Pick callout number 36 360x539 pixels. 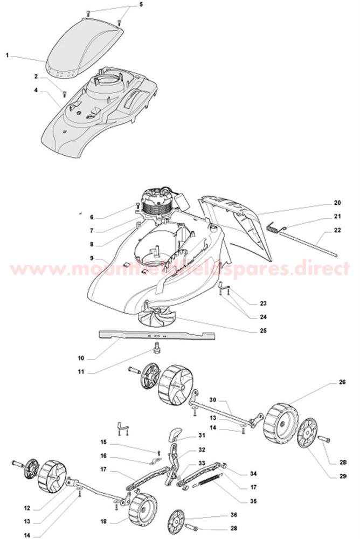tap(219, 514)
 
